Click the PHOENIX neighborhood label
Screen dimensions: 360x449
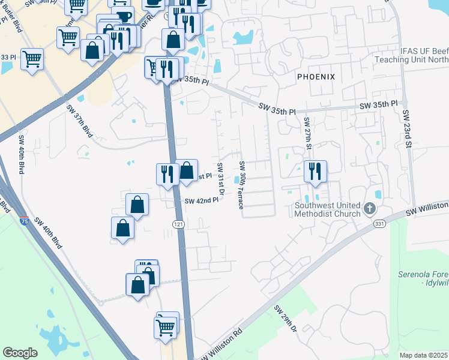(316, 76)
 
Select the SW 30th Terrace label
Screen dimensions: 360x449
(242, 185)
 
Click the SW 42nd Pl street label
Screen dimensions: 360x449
(201, 201)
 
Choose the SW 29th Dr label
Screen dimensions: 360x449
(287, 319)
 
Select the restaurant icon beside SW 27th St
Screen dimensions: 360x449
(315, 172)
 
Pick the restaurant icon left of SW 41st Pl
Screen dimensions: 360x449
(167, 173)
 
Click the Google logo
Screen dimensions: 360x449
(20, 353)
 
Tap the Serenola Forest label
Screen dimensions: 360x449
(423, 278)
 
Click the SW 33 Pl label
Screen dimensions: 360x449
(8, 57)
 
